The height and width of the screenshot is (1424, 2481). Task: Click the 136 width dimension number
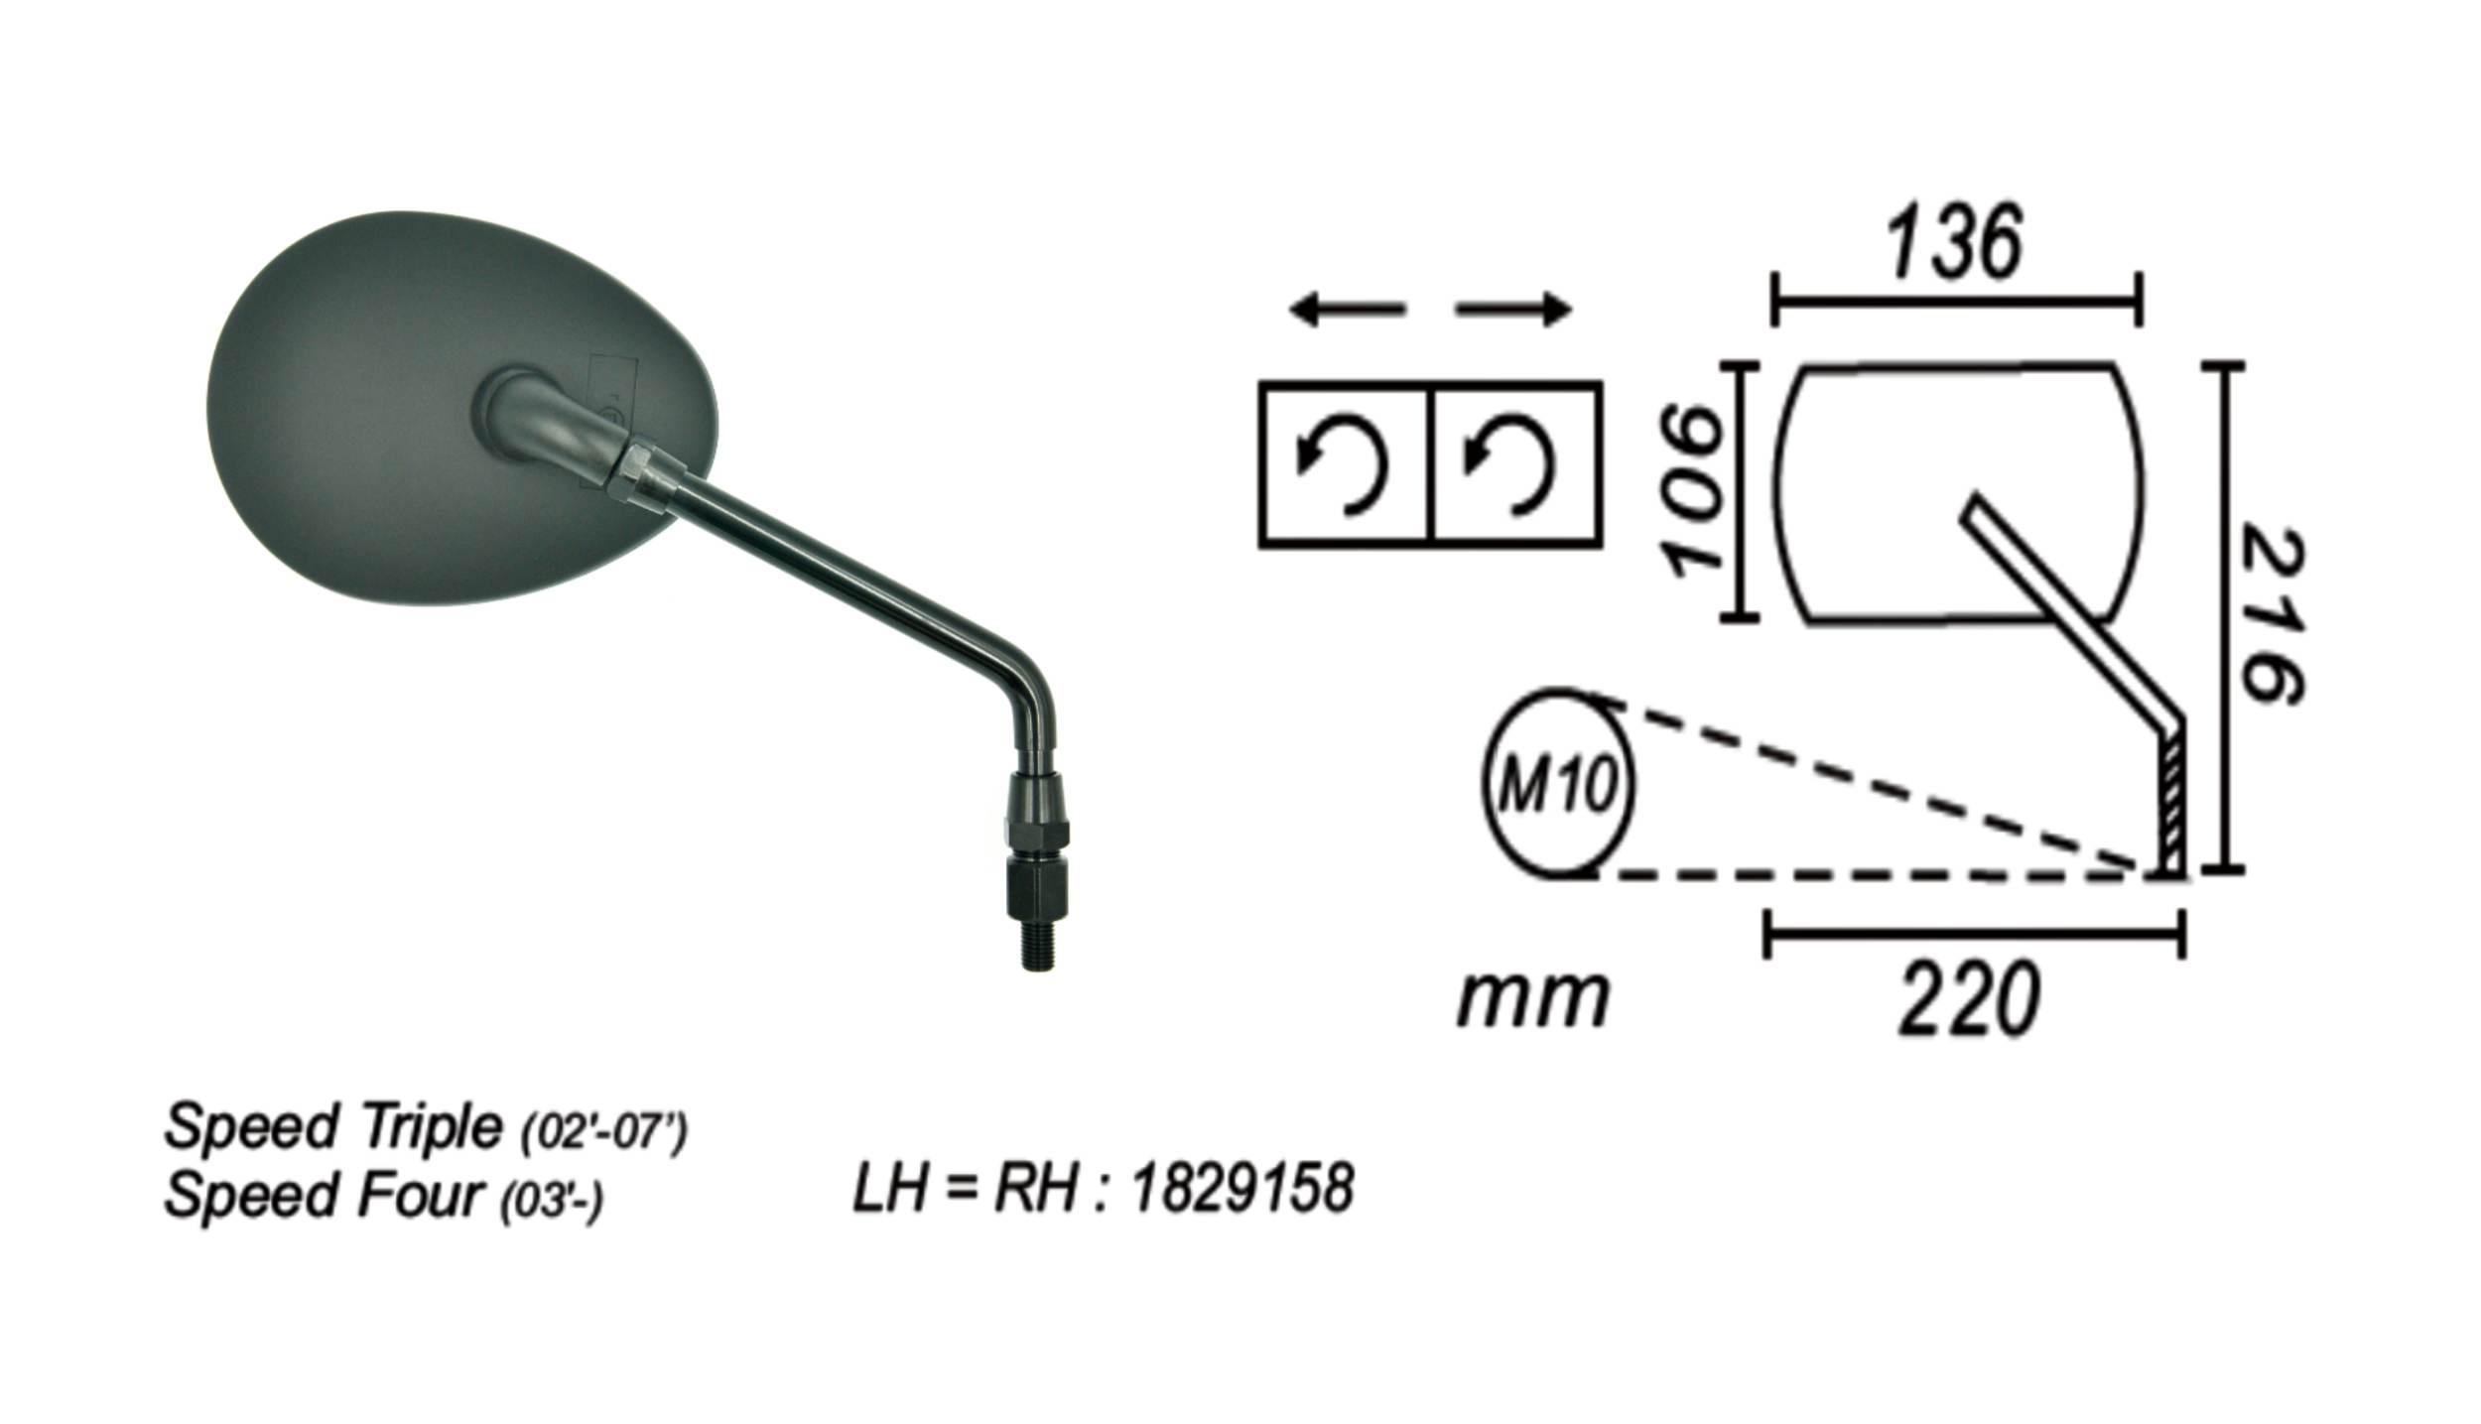[x=1953, y=243]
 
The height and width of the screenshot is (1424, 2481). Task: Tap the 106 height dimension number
[x=1698, y=492]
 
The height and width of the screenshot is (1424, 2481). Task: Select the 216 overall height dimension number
[x=2272, y=616]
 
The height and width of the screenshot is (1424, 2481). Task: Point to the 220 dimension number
[x=1970, y=1000]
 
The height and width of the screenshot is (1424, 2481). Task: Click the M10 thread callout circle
[x=1558, y=784]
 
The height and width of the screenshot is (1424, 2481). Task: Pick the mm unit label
[x=1532, y=999]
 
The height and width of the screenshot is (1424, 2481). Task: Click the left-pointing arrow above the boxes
[x=1348, y=311]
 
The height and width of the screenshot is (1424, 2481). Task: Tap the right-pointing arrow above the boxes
[x=1514, y=311]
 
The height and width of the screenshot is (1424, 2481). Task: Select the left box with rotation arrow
[x=1345, y=464]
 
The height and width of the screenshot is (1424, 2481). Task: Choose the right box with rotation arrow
[x=1516, y=464]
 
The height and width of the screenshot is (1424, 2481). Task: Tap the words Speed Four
[x=324, y=1195]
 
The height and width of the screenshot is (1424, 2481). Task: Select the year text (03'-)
[x=553, y=1202]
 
